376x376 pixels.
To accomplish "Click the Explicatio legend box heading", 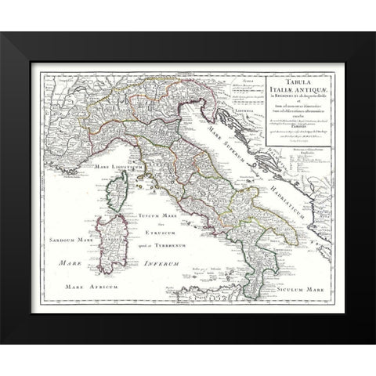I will pos(306,150).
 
